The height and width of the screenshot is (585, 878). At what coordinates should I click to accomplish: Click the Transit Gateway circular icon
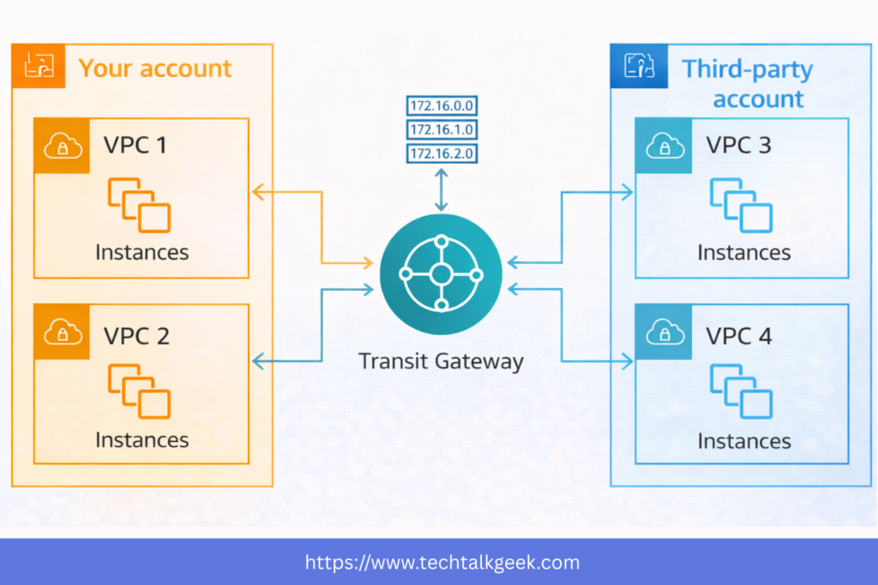441,274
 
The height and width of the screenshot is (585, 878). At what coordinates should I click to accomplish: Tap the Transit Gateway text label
441,361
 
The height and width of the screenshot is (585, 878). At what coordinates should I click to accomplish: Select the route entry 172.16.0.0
442,107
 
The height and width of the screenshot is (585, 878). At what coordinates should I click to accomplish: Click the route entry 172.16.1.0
442,130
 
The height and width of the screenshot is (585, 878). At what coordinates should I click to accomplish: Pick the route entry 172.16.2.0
442,154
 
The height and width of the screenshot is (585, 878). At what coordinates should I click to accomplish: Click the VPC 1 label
135,145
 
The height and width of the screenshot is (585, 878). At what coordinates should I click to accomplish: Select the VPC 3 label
738,145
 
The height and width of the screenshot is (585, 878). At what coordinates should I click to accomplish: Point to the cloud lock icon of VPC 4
664,331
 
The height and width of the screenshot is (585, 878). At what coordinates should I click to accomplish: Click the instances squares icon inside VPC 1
139,205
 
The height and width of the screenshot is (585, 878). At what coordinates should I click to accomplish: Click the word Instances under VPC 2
142,440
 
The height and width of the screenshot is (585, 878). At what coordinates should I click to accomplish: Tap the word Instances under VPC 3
743,253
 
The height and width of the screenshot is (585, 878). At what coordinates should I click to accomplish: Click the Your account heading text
155,69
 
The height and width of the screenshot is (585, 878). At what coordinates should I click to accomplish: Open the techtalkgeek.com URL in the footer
442,563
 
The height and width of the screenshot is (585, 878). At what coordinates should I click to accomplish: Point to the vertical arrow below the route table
441,190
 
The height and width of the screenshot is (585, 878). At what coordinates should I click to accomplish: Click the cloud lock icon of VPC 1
63,146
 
